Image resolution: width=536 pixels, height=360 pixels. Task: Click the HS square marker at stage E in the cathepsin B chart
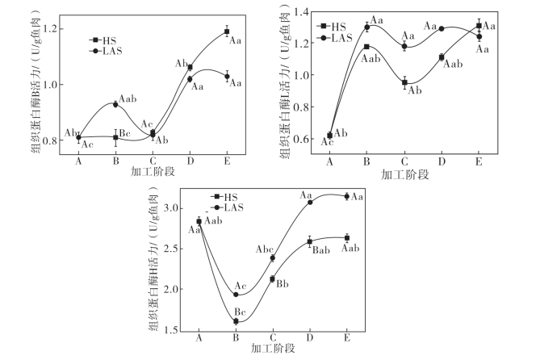click(227, 32)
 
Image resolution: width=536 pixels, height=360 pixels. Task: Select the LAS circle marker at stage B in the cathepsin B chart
click(115, 104)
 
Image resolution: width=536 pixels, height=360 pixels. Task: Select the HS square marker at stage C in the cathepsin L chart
click(404, 82)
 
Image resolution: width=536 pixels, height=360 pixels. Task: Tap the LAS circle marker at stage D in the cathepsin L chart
click(442, 28)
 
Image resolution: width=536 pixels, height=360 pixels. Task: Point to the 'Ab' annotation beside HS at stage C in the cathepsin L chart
click(415, 90)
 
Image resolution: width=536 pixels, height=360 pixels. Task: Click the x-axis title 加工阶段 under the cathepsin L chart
click(404, 174)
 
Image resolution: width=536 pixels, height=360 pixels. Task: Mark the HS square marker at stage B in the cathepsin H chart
click(236, 321)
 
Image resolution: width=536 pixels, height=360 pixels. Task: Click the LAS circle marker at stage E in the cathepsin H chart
click(347, 196)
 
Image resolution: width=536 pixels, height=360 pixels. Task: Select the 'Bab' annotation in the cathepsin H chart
click(320, 251)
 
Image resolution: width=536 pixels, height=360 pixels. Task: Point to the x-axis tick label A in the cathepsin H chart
click(199, 338)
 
